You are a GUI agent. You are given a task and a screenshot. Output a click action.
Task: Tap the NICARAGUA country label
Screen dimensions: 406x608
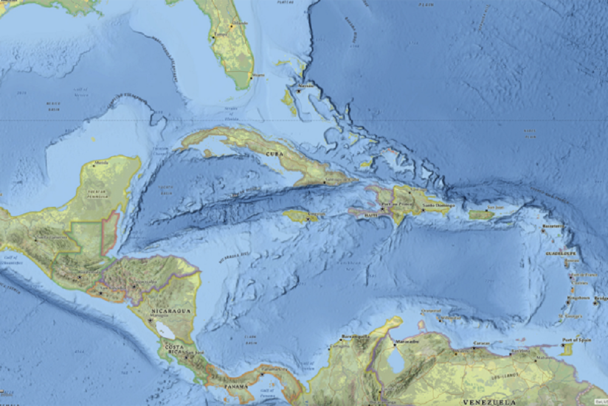172,310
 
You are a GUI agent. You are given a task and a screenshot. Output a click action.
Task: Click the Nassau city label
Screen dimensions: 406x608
306,86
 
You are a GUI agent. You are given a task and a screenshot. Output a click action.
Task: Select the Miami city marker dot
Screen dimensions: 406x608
250,75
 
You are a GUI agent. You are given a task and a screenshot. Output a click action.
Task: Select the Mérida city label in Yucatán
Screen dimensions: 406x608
101,163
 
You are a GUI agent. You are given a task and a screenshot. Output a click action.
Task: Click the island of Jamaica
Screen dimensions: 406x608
302,216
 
